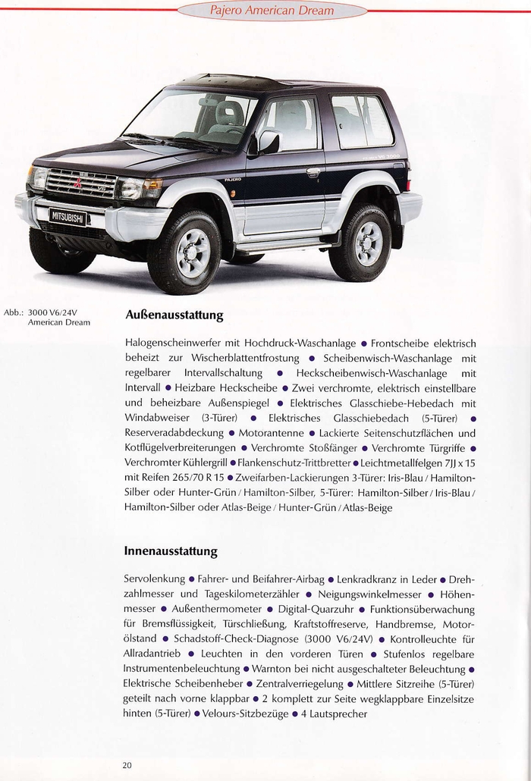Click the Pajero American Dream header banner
271,11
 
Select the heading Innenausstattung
171,550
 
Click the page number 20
127,765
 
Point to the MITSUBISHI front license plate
68,216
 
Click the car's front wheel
184,252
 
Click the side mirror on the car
269,141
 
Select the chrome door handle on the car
313,173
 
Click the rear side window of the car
361,121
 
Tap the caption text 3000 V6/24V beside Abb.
59,312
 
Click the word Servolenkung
153,579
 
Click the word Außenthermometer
218,609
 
